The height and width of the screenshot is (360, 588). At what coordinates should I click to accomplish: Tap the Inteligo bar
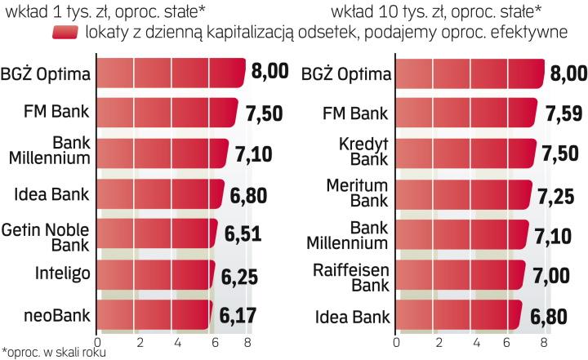coord(155,272)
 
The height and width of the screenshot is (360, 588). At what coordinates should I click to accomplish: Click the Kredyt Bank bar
coord(465,152)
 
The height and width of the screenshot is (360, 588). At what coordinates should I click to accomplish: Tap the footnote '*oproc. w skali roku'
coord(53,353)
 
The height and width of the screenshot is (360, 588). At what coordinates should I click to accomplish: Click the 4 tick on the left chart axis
coord(176,340)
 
